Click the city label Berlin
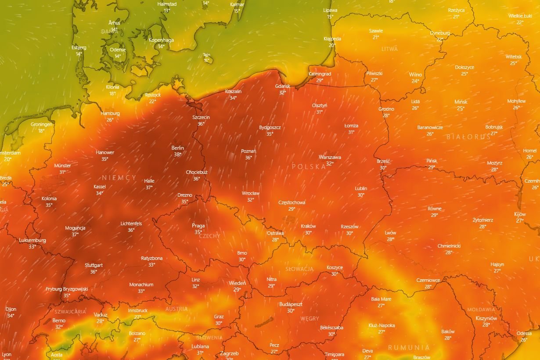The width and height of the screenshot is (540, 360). click(x=178, y=148)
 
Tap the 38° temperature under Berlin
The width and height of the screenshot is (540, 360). click(x=178, y=155)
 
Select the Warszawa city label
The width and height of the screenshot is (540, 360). click(x=330, y=157)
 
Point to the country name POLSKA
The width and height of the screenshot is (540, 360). click(x=309, y=167)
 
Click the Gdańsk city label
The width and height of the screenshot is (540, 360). click(x=283, y=86)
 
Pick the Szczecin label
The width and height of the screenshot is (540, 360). click(x=201, y=117)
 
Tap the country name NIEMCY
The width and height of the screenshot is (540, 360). click(x=119, y=178)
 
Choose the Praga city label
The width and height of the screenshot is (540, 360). click(x=198, y=226)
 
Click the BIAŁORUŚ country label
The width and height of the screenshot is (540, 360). click(x=468, y=137)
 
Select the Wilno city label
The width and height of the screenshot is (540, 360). click(x=415, y=75)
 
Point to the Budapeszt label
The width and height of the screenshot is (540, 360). click(x=291, y=304)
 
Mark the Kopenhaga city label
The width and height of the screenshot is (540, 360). click(x=161, y=40)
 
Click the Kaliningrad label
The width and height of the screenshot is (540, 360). click(x=320, y=74)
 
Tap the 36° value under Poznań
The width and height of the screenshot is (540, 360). click(x=248, y=158)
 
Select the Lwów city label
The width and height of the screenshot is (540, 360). click(x=390, y=233)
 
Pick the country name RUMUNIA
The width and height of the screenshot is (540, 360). click(x=409, y=347)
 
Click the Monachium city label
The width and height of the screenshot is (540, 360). click(x=141, y=284)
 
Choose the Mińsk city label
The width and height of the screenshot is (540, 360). click(x=461, y=102)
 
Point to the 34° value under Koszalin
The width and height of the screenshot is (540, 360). click(x=233, y=98)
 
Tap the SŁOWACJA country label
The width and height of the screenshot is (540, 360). click(x=299, y=269)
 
